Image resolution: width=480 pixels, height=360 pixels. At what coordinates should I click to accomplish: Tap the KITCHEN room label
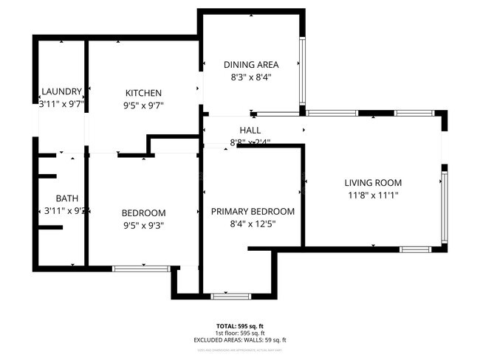[143, 93]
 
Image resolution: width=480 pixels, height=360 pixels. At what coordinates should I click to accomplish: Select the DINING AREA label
[252, 64]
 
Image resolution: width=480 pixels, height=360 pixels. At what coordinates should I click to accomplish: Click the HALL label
[250, 130]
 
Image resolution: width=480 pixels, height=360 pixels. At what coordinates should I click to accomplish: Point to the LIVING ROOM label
[373, 182]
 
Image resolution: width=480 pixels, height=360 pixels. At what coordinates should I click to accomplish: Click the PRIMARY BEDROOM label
[253, 211]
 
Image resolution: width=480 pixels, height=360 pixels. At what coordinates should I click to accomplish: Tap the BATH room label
[66, 198]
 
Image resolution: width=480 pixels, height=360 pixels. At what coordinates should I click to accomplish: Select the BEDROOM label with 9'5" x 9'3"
[143, 213]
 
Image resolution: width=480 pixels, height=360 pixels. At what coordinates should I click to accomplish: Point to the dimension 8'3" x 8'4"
[252, 77]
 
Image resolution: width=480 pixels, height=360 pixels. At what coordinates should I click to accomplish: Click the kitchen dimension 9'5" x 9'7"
[143, 105]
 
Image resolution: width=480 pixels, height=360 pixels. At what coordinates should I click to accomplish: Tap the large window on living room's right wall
[444, 207]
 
